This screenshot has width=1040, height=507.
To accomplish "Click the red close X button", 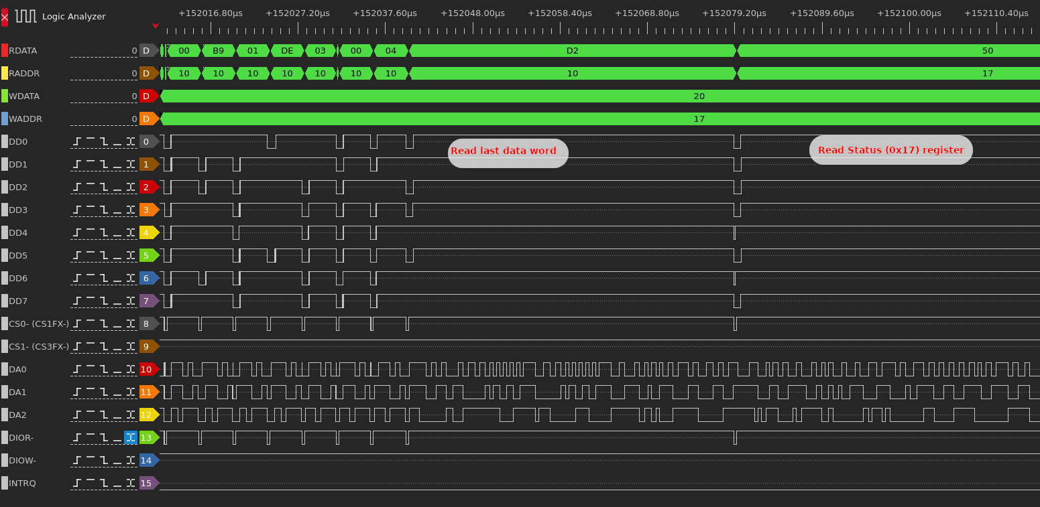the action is click(x=4, y=17).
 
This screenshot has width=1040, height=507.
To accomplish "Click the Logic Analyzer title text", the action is click(x=74, y=16).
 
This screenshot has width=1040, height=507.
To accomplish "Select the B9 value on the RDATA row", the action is click(x=218, y=50).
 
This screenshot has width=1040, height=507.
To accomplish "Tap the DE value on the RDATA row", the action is click(x=287, y=50).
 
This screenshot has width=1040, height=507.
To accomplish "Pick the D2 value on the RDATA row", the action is click(x=573, y=50).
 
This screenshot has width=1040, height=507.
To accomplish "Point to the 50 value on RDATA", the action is click(x=988, y=50).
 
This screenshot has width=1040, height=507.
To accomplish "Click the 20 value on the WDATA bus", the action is click(x=699, y=96).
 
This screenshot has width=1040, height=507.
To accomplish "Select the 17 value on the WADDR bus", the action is click(x=699, y=119).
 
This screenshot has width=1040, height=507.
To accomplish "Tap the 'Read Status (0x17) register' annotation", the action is click(x=891, y=150).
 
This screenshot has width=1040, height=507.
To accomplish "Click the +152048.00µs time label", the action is click(x=472, y=13).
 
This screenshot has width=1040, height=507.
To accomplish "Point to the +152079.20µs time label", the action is click(x=734, y=13).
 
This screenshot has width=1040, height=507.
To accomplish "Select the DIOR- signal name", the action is click(x=21, y=437).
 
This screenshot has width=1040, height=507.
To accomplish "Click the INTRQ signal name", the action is click(x=22, y=483).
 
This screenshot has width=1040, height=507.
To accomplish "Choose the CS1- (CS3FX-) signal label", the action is click(x=39, y=346).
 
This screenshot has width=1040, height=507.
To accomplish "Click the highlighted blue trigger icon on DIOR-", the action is click(x=131, y=437).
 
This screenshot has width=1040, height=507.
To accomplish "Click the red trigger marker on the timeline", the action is click(x=156, y=25).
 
